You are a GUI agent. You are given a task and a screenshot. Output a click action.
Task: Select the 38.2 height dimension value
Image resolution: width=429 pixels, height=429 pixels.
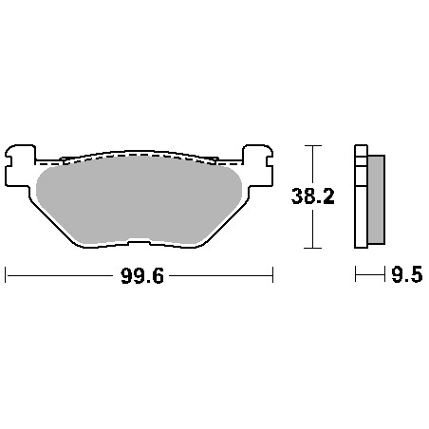[313, 196]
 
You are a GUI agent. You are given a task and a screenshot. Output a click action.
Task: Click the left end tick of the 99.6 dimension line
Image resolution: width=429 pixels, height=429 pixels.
[7, 276]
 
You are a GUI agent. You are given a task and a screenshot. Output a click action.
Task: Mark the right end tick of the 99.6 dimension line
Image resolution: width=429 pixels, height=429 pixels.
[273, 276]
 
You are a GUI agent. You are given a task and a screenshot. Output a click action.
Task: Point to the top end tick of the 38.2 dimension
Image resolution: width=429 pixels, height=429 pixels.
[314, 146]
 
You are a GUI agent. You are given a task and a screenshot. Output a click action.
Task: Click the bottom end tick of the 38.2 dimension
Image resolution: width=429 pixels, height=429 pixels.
[314, 249]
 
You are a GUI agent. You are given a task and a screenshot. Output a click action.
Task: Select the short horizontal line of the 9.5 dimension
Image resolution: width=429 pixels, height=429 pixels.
[368, 276]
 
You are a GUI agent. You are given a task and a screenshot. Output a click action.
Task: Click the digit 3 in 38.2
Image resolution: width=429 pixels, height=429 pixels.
[297, 196]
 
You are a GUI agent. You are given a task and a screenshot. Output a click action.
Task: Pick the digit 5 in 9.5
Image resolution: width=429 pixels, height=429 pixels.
[415, 276]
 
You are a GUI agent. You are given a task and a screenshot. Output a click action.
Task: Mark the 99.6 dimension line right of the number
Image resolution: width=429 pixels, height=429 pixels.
[223, 276]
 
